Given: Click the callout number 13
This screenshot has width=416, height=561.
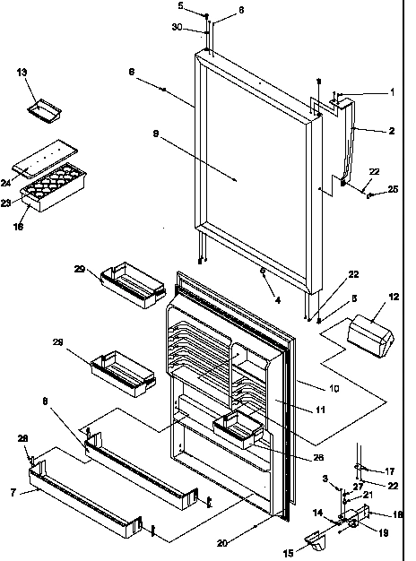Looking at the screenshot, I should point(22,73).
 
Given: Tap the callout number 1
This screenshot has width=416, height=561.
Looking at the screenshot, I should point(391,92).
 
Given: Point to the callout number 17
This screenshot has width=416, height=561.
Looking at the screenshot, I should point(390,470).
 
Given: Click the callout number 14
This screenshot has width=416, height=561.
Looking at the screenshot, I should point(315,512).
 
